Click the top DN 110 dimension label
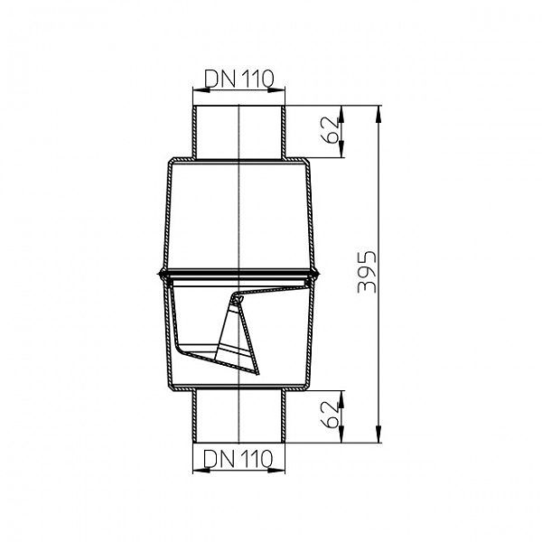pyautogui.click(x=239, y=79)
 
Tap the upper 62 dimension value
pyautogui.click(x=332, y=132)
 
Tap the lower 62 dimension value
pyautogui.click(x=332, y=416)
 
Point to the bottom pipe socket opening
pyautogui.click(x=239, y=442)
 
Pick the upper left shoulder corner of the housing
pyautogui.click(x=170, y=161)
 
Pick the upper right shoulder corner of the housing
pyautogui.click(x=308, y=161)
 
